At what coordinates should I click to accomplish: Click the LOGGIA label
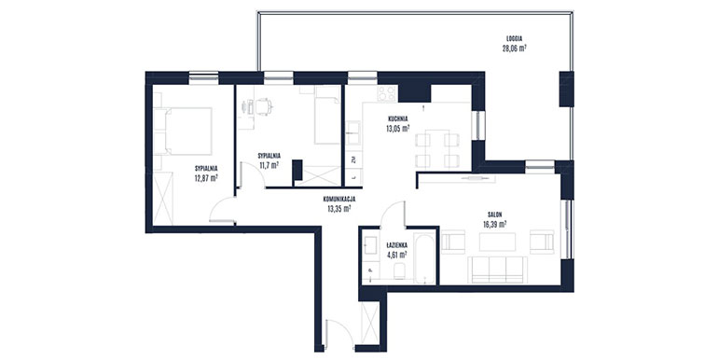tap(515, 38)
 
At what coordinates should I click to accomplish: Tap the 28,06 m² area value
tap(514, 48)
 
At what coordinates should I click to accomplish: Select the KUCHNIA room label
tap(397, 119)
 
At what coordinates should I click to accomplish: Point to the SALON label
tap(494, 215)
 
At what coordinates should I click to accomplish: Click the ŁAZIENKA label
tap(396, 245)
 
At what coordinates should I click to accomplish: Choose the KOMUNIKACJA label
tap(339, 200)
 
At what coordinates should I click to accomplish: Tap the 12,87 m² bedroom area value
tap(206, 178)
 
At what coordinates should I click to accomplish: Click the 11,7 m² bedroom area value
tap(269, 165)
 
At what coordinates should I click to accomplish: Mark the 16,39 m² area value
tap(494, 224)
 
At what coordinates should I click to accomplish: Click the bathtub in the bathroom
tap(424, 258)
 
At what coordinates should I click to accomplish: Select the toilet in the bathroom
tap(400, 271)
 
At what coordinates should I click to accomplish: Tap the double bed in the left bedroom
tap(183, 131)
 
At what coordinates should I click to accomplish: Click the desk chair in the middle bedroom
tap(263, 106)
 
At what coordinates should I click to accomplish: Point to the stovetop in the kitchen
tap(387, 93)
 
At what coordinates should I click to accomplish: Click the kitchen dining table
tap(436, 148)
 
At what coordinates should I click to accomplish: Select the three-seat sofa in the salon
tap(497, 270)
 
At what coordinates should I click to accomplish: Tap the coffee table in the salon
tap(497, 242)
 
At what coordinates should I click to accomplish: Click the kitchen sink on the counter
tap(353, 132)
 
